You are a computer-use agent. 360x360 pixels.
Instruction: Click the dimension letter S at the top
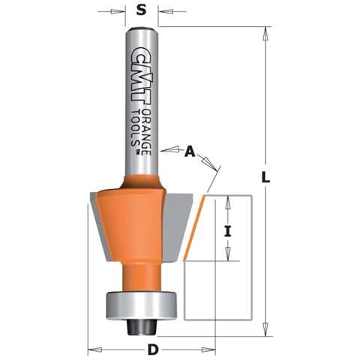[141, 10]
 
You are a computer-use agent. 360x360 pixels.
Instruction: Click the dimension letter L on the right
[265, 177]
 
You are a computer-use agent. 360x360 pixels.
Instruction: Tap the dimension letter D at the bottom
[153, 349]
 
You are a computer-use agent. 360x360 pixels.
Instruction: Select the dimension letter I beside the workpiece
[227, 231]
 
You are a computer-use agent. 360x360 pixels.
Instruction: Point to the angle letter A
[190, 151]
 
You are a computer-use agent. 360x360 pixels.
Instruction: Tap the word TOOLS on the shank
[136, 128]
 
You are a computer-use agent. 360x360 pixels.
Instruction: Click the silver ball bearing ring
[142, 306]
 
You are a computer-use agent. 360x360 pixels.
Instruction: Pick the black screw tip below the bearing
[142, 328]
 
